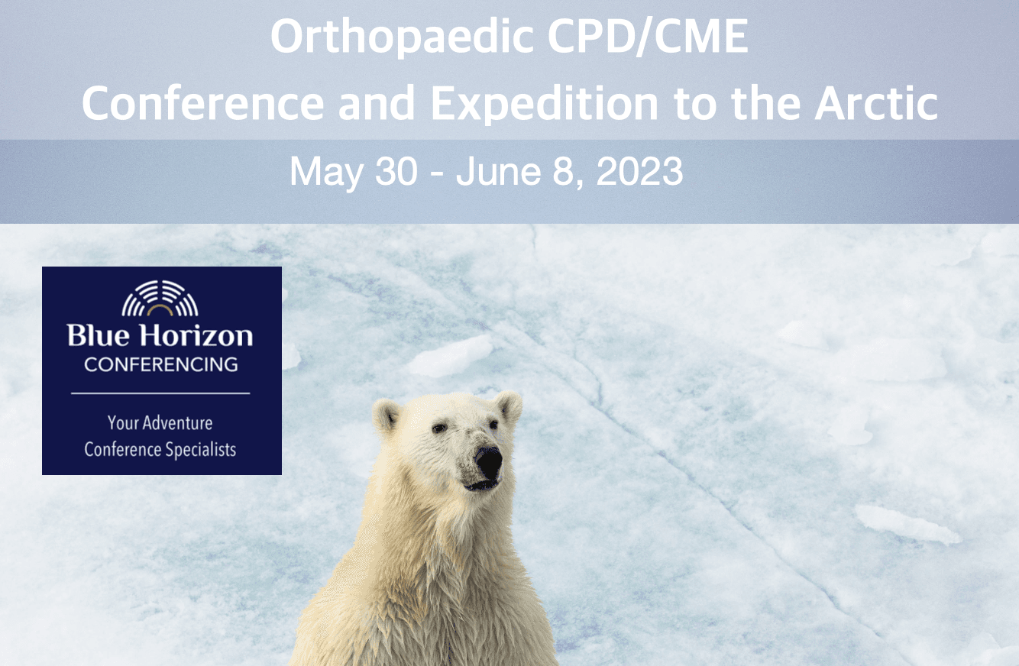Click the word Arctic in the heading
(876, 103)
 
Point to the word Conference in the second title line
(202, 103)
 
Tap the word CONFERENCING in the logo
(160, 364)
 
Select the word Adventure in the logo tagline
(177, 422)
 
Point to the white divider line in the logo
(160, 393)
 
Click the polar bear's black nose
(488, 461)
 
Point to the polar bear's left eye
(439, 428)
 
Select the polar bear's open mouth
(481, 485)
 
